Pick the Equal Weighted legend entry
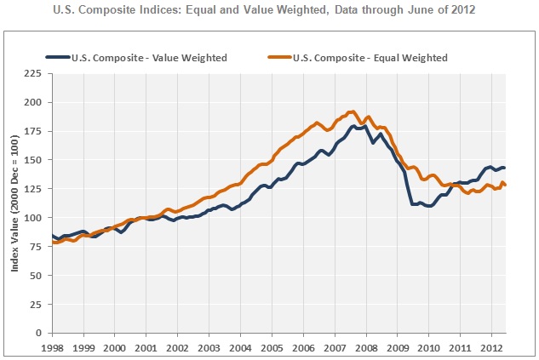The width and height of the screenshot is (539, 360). (x=369, y=57)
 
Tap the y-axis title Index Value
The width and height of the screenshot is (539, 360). (x=15, y=203)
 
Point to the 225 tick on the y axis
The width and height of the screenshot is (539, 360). (x=36, y=73)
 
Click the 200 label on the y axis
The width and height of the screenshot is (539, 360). (x=36, y=102)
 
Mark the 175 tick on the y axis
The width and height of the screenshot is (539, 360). (x=36, y=131)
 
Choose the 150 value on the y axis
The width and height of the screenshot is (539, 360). (x=36, y=160)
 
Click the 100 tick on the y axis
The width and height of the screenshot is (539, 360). (x=36, y=218)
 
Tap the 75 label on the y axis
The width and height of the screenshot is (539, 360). (x=38, y=247)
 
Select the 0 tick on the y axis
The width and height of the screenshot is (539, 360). (x=41, y=333)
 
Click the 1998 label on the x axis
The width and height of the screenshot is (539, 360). (x=53, y=349)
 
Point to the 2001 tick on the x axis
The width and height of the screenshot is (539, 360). (x=146, y=349)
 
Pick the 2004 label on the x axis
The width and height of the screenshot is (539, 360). (x=239, y=349)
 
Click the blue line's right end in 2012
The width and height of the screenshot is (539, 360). (x=506, y=168)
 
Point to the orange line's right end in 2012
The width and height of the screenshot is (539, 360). (x=507, y=185)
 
